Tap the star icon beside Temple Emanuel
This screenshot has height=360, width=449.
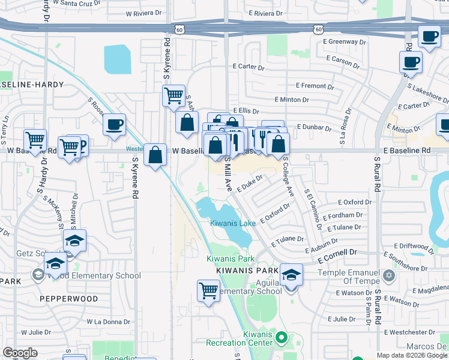point(389,275)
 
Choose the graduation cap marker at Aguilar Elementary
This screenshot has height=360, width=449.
point(291,275)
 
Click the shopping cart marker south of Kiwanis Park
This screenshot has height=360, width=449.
point(208,290)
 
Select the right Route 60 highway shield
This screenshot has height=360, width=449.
point(319,29)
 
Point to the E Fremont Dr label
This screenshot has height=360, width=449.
point(306,86)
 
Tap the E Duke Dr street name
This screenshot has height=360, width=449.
point(250,182)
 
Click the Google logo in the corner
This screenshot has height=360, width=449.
point(20,353)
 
